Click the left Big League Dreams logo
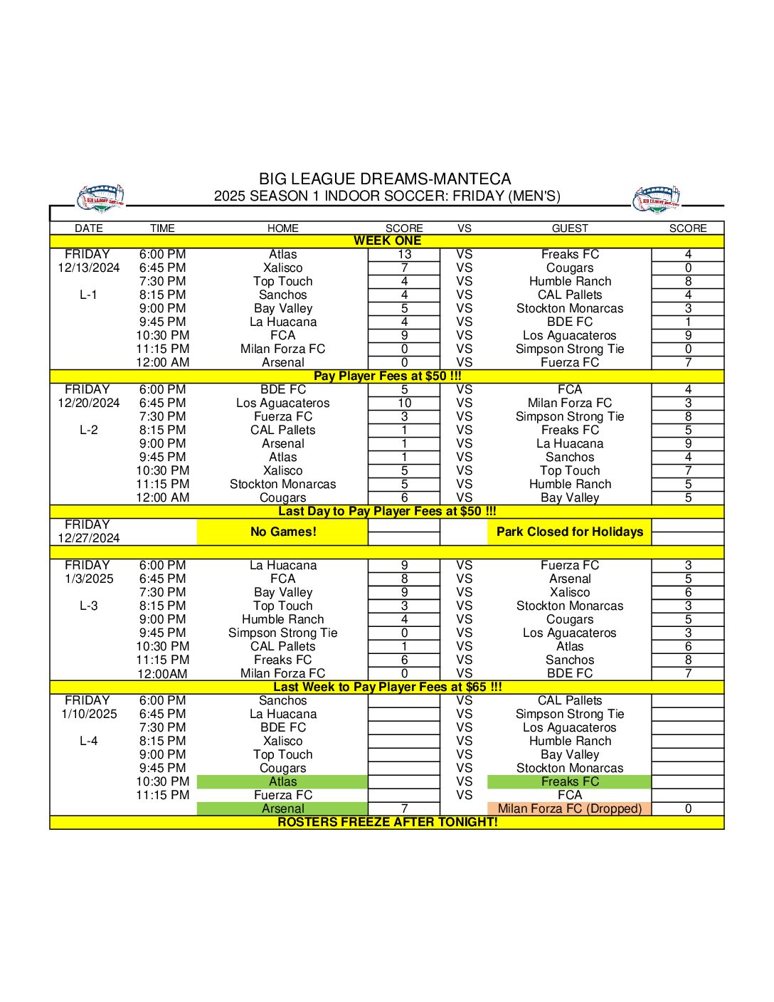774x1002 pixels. (x=100, y=198)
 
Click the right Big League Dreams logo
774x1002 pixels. (x=656, y=199)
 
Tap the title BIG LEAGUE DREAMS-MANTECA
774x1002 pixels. (x=385, y=179)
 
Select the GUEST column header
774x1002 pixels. (x=570, y=228)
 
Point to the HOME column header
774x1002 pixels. (x=282, y=228)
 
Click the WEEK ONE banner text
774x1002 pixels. (x=387, y=241)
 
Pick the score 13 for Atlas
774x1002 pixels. (x=404, y=254)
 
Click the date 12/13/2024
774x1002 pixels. (x=89, y=268)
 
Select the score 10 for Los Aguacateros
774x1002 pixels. (x=404, y=403)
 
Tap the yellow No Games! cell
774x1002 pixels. (x=282, y=532)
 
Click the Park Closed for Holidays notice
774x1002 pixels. (x=569, y=532)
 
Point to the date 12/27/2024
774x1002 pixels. (x=89, y=538)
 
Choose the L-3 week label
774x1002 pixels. (x=89, y=606)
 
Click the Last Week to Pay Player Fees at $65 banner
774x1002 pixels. (x=387, y=687)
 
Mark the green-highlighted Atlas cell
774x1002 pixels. (x=282, y=781)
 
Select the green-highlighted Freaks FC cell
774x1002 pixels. (x=569, y=781)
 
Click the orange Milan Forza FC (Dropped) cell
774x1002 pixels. (x=569, y=808)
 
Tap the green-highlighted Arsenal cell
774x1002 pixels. (x=282, y=808)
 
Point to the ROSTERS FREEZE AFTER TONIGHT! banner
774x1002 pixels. (x=387, y=822)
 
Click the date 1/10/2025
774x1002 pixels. (x=89, y=714)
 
